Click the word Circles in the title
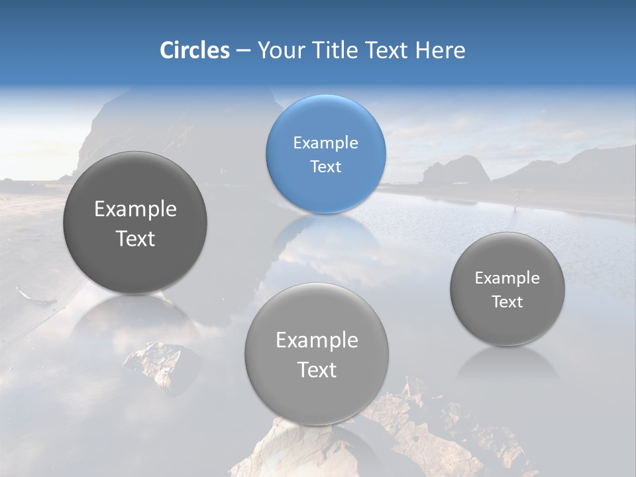tap(194, 50)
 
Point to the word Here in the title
tap(440, 50)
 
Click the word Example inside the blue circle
tap(325, 142)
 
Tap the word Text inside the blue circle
tap(325, 166)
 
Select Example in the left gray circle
tap(135, 209)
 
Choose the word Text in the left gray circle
tap(135, 238)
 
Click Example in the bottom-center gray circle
tap(317, 341)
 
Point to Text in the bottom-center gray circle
tap(317, 370)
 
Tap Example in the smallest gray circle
tap(507, 278)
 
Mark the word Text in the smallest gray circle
tap(507, 302)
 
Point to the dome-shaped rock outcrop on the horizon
tap(456, 171)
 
